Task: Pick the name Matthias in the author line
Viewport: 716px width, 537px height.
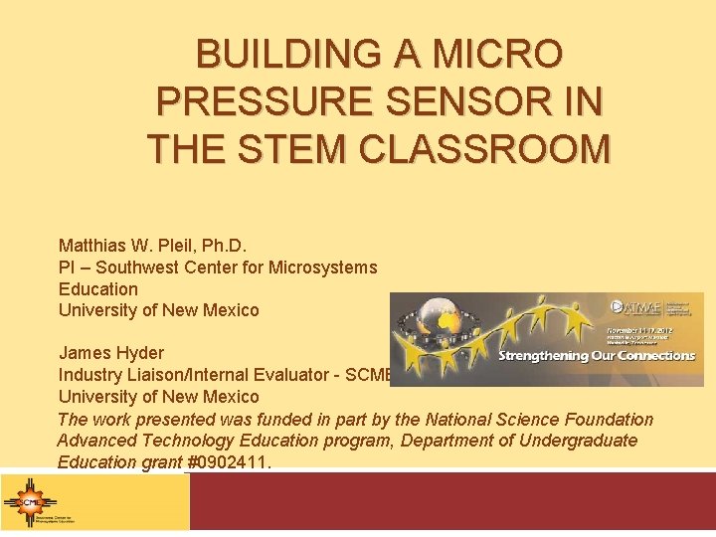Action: tap(92, 245)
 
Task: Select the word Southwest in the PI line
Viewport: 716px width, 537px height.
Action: tap(124, 267)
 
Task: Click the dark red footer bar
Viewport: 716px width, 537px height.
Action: tap(451, 501)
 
